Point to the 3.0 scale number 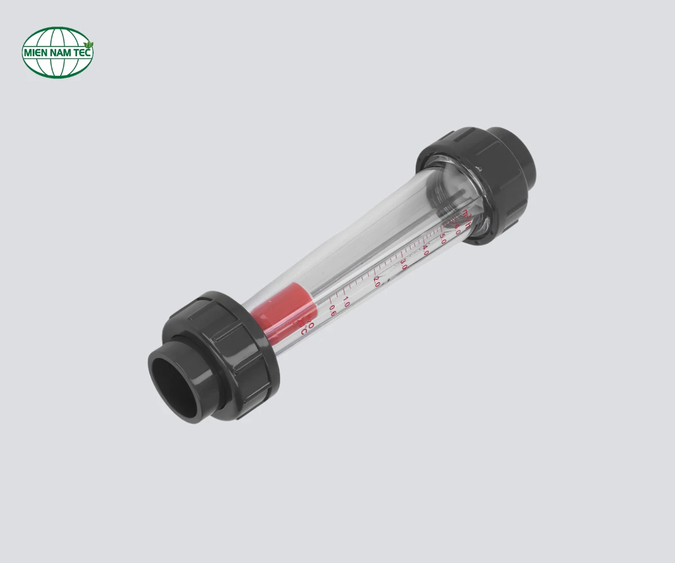pyautogui.click(x=403, y=265)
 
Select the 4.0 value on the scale pyautogui.click(x=425, y=250)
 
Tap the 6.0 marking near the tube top pyautogui.click(x=457, y=228)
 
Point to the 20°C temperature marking pyautogui.click(x=306, y=328)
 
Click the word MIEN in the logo pyautogui.click(x=35, y=53)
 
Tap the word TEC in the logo pyautogui.click(x=83, y=53)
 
